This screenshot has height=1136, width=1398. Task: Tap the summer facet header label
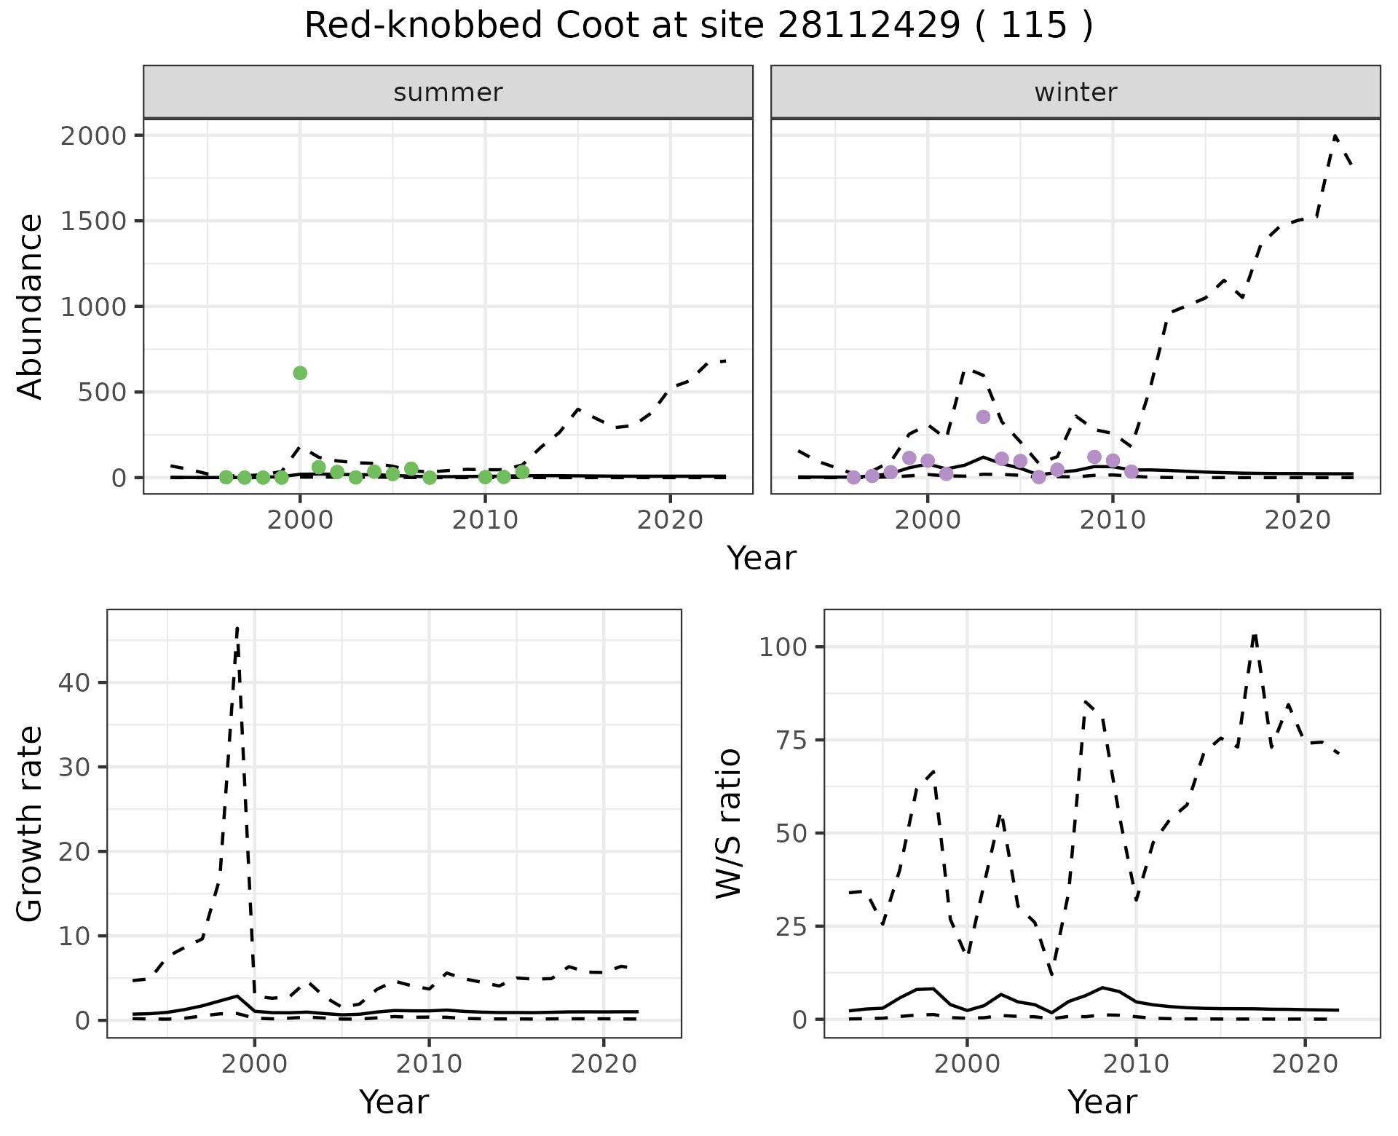click(448, 92)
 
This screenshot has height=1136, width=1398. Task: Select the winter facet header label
click(1075, 92)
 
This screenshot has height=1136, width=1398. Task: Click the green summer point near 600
click(300, 373)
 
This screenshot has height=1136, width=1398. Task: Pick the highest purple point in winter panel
click(983, 417)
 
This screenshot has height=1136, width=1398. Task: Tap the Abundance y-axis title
click(31, 307)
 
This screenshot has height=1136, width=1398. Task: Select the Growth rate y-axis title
click(31, 824)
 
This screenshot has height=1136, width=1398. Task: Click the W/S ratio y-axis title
click(728, 824)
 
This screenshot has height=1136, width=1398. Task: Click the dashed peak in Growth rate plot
click(237, 628)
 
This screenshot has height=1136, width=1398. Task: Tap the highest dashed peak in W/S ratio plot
click(1255, 635)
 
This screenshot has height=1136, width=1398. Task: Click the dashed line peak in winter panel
click(1335, 136)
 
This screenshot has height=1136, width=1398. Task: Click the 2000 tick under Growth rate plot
click(254, 1065)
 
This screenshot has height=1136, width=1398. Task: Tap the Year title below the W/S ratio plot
click(1102, 1103)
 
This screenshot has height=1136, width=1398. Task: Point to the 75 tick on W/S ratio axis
click(791, 741)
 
